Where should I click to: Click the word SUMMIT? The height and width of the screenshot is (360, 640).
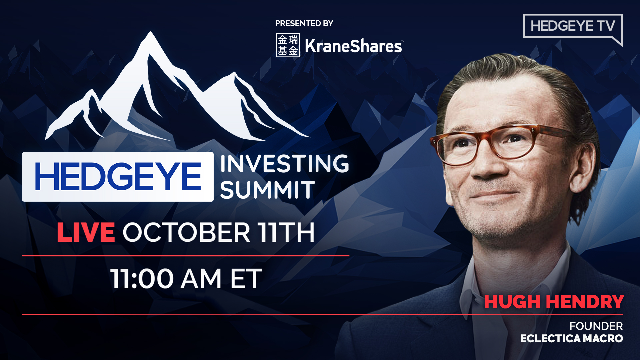click(267, 190)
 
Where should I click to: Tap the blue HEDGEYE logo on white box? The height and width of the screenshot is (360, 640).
click(118, 177)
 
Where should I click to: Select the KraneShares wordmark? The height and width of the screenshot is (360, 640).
click(354, 46)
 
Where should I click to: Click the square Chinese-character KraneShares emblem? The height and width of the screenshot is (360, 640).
click(288, 45)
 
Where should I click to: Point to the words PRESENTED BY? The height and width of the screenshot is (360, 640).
click(304, 23)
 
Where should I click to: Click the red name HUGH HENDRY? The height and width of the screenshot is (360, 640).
click(554, 302)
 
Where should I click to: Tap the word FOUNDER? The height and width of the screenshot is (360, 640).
click(596, 326)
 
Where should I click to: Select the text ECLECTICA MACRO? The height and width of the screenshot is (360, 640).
click(571, 339)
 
